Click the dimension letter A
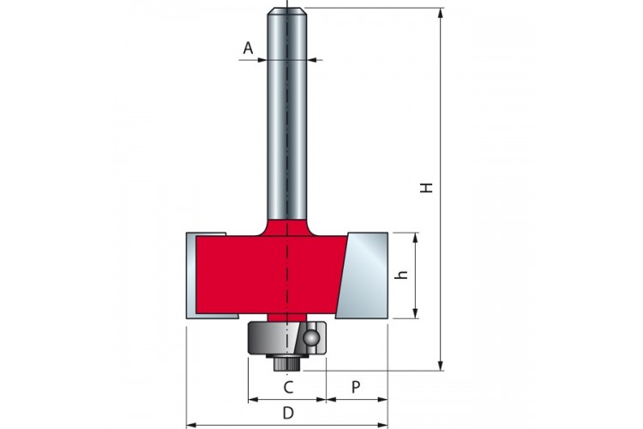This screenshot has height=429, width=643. tap(248, 48)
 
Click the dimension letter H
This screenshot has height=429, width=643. tap(427, 188)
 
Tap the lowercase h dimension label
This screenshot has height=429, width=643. tap(403, 275)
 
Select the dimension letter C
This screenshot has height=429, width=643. tap(289, 387)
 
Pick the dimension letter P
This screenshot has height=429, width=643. tap(356, 387)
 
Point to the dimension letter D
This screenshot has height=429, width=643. tap(289, 413)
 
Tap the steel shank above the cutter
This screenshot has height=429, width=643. tap(287, 115)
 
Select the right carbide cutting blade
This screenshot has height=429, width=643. tap(363, 275)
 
